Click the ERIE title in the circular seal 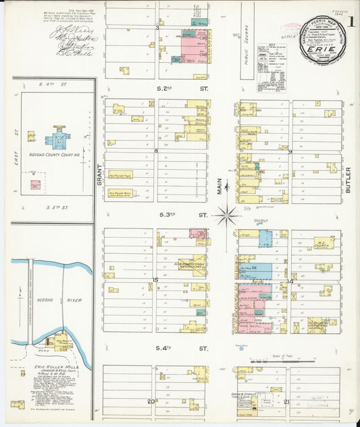coord(322,51)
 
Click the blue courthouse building coord(58,141)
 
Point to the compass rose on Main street coord(226,216)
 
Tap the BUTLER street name coord(349,180)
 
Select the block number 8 coord(155,151)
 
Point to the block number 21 coord(287,401)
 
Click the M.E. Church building coord(323,242)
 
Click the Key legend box coord(272,68)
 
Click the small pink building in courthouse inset coord(35,184)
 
